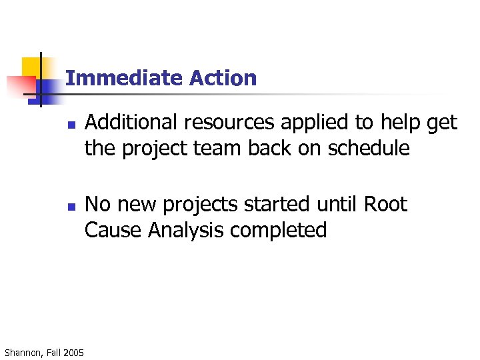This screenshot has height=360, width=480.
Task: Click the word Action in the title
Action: [x=223, y=78]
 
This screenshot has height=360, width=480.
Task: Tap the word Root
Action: [x=385, y=204]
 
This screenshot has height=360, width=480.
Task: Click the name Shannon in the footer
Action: [x=23, y=351]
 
